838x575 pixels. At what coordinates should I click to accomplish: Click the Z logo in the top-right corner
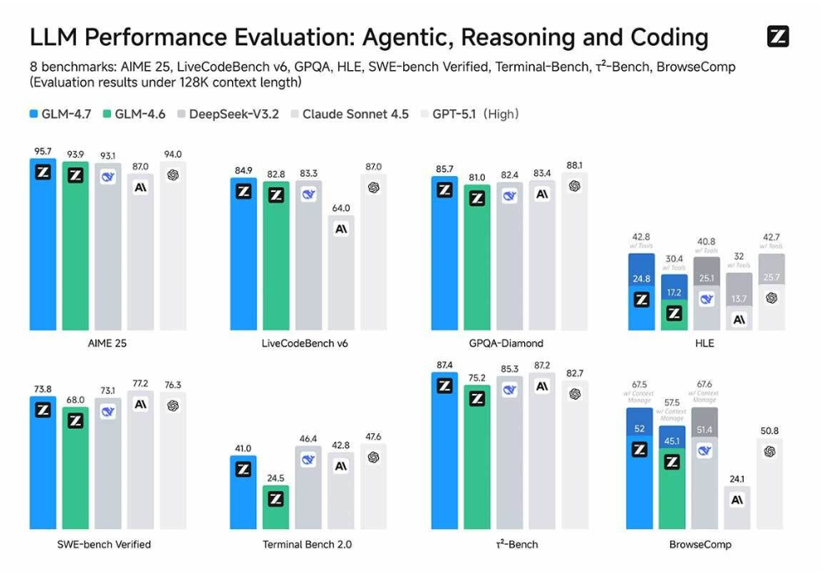pyautogui.click(x=777, y=37)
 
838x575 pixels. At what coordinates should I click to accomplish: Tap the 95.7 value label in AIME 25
pyautogui.click(x=43, y=152)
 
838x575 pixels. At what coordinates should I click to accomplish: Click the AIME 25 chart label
pyautogui.click(x=108, y=343)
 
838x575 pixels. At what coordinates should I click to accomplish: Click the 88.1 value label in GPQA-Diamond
pyautogui.click(x=574, y=165)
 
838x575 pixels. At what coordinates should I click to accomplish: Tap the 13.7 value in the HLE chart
pyautogui.click(x=739, y=299)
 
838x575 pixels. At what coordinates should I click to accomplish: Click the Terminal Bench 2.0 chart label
pyautogui.click(x=307, y=544)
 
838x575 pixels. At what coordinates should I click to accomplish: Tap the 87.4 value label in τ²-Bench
pyautogui.click(x=445, y=366)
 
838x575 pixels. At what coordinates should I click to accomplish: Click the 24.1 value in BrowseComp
pyautogui.click(x=737, y=480)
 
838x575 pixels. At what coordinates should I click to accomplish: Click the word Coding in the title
pyautogui.click(x=666, y=38)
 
